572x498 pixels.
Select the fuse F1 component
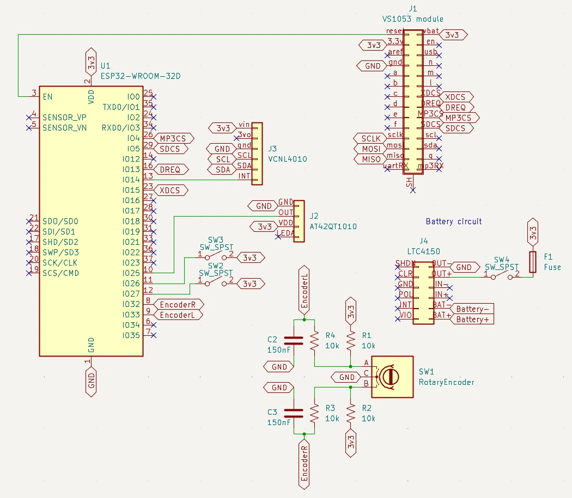pyautogui.click(x=533, y=263)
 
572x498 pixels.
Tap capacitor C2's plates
pyautogui.click(x=294, y=341)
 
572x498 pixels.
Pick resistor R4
pyautogui.click(x=314, y=341)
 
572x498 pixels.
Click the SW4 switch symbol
pyautogui.click(x=502, y=276)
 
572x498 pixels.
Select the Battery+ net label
pyautogui.click(x=472, y=319)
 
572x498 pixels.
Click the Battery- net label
pyautogui.click(x=472, y=309)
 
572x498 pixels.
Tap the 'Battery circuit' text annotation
pyautogui.click(x=454, y=222)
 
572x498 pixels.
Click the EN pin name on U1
pyautogui.click(x=48, y=97)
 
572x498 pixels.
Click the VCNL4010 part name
pyautogui.click(x=288, y=159)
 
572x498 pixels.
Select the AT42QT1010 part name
pyautogui.click(x=333, y=226)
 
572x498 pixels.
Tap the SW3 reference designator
pyautogui.click(x=216, y=239)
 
